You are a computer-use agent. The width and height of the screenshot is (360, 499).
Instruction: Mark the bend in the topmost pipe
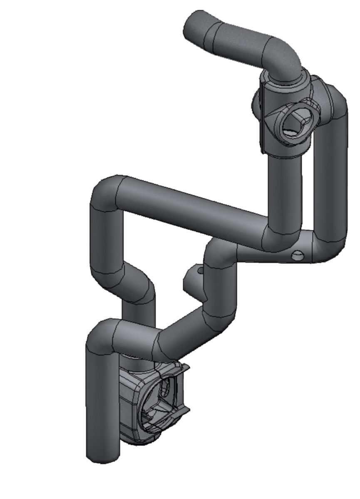point(283,56)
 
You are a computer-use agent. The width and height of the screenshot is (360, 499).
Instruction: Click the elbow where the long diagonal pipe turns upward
point(283,237)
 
